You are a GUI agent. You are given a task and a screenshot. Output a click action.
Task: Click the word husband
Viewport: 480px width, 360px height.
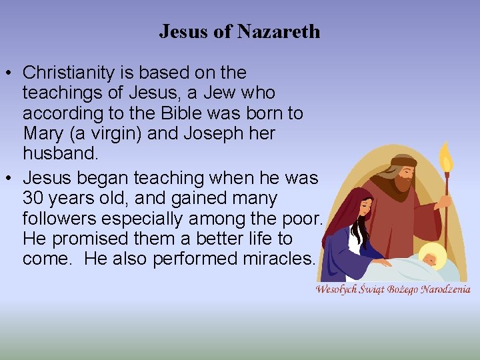tap(60, 153)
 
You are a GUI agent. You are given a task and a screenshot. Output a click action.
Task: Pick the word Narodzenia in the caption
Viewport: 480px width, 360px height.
tap(446, 289)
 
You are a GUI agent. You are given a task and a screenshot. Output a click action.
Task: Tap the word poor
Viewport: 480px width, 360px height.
tap(307, 219)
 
